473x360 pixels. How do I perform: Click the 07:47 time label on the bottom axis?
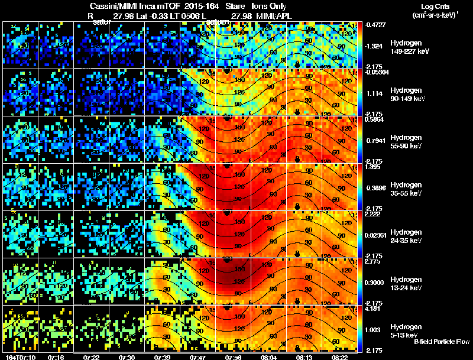click(197, 358)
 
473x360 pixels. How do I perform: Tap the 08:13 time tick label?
click(304, 358)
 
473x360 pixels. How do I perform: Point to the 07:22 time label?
click(91, 358)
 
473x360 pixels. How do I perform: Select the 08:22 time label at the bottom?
click(339, 358)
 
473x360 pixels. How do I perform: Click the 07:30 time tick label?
click(127, 358)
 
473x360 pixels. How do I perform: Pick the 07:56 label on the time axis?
click(233, 358)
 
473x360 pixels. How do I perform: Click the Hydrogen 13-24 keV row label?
click(407, 284)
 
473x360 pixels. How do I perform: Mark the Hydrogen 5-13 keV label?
click(406, 330)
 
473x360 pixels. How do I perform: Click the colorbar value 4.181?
click(373, 309)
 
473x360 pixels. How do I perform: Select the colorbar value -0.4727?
click(375, 25)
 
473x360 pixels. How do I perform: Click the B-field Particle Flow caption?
click(441, 342)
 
